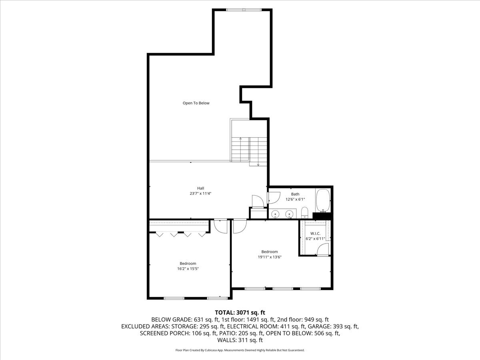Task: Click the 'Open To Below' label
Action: [x=196, y=103]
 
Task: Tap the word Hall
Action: [x=200, y=188]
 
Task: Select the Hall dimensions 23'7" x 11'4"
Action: [x=200, y=193]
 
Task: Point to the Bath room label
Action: [x=295, y=194]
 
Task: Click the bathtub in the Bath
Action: [x=323, y=201]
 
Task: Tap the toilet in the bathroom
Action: [x=304, y=212]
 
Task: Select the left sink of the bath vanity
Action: [x=275, y=214]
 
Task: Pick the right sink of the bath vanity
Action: [x=288, y=214]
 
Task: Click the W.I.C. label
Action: [x=316, y=233]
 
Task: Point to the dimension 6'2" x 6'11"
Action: [x=316, y=239]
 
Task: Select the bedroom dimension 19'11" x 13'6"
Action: [x=270, y=257]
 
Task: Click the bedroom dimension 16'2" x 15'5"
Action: [x=188, y=269]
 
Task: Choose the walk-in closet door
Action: [x=322, y=250]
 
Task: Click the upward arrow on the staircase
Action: [x=240, y=139]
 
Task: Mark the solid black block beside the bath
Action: [x=322, y=216]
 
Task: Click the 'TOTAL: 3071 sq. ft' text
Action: [x=240, y=312]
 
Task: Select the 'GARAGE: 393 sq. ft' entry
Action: [x=336, y=326]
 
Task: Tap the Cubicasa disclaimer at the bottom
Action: [x=240, y=350]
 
